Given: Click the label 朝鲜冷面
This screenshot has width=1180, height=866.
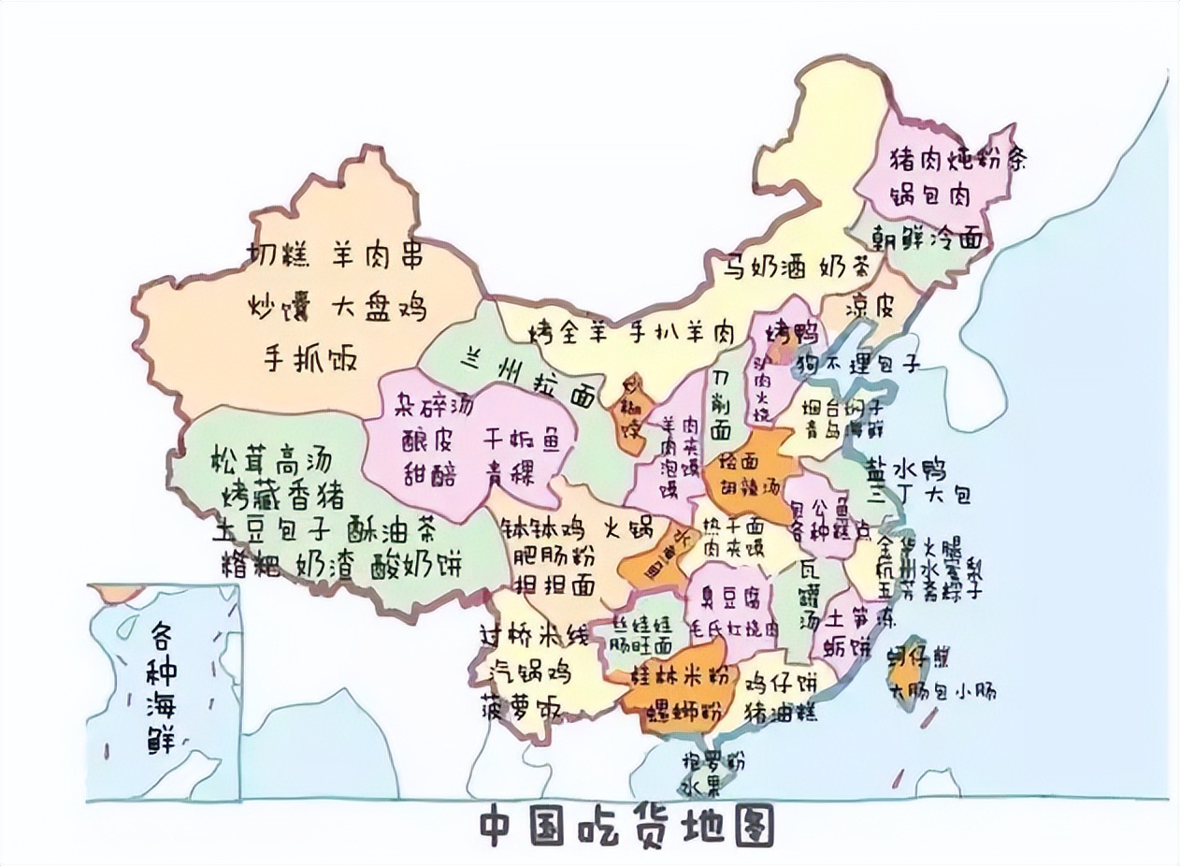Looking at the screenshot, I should click(x=928, y=239).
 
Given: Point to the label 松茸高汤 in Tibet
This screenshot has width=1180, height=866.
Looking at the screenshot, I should click(x=272, y=459).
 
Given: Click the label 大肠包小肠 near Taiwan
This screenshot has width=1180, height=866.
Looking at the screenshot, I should click(x=943, y=693).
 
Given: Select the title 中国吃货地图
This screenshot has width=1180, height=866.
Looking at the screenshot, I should click(x=626, y=828).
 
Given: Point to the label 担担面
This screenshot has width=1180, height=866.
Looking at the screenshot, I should click(x=555, y=585).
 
